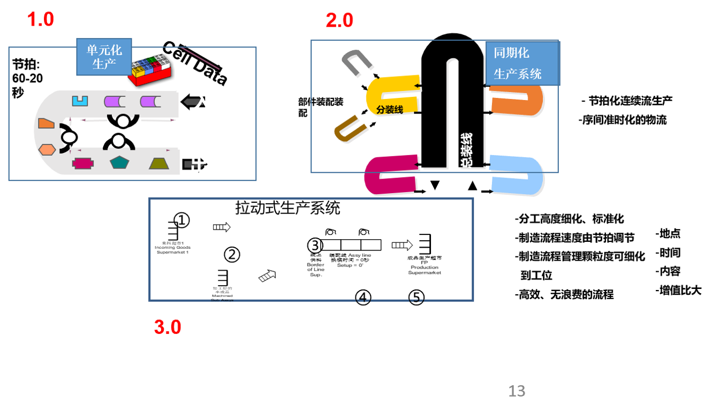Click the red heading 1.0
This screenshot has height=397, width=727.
point(41,20)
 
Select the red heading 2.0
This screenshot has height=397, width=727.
point(339,21)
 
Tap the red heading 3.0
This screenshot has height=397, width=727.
point(168,327)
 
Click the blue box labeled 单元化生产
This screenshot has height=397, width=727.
point(104,57)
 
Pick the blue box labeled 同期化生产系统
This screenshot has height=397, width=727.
point(522,63)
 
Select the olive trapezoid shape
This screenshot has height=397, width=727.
point(159,163)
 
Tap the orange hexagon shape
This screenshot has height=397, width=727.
point(47,149)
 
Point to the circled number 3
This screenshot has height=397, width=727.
point(315,245)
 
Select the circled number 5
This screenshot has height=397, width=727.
point(416,297)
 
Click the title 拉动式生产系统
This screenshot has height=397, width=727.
point(287,208)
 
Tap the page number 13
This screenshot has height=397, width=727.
point(517,391)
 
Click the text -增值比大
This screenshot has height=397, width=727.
point(678,291)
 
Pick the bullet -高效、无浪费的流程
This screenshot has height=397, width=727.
point(564,294)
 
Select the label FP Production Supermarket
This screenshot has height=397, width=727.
point(425,267)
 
